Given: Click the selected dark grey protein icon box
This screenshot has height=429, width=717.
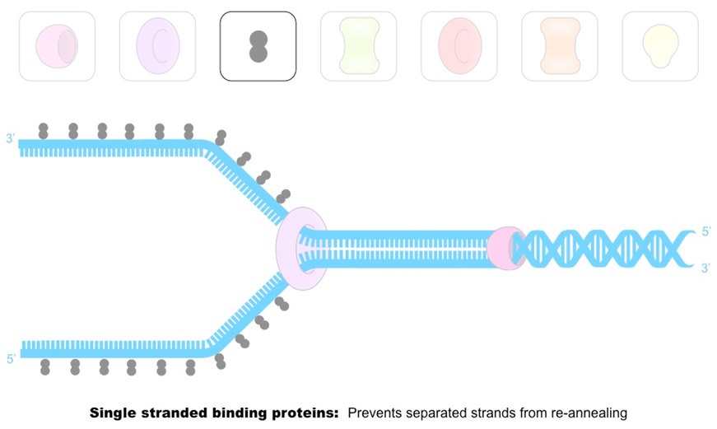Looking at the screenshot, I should pos(258,46).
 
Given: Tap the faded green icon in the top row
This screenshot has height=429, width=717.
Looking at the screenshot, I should pos(358,46).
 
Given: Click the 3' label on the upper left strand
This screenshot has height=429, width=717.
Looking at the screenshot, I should pos(11,139).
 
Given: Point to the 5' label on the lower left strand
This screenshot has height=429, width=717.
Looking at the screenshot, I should pos(11,359).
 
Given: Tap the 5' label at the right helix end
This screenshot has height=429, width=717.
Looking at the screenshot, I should pos(705,232).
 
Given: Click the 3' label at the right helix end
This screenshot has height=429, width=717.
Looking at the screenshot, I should pos(705,268).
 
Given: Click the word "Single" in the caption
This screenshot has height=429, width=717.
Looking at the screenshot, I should pos(113,412).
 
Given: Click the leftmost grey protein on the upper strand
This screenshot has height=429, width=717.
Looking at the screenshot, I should pos(43,130).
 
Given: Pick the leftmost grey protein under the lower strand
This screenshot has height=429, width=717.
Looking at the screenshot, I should pos(45,366).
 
